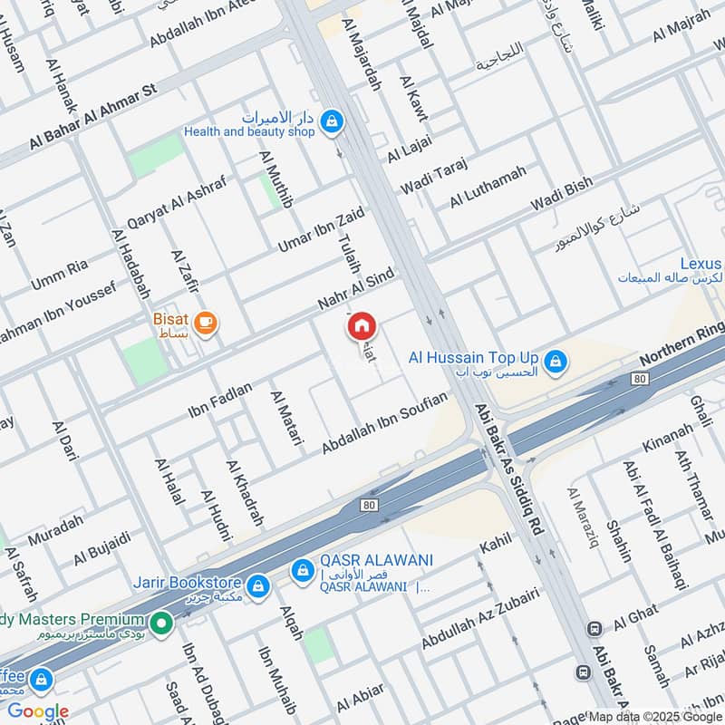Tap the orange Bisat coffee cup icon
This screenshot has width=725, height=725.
point(206,322)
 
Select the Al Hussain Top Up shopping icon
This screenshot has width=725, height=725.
point(556,362)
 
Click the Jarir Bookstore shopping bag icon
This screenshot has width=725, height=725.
point(259,585)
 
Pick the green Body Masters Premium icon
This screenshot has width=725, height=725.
point(161,623)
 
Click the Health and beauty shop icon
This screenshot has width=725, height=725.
point(333,121)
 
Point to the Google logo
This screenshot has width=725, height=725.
point(38,711)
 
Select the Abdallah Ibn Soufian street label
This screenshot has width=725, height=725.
point(385,423)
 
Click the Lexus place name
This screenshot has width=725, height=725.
point(701,264)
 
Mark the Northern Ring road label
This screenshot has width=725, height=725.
point(683,342)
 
